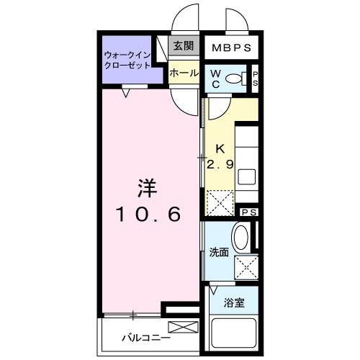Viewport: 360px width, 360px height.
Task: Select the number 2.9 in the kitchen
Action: [x=220, y=165]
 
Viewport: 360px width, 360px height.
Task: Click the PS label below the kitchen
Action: [x=248, y=212]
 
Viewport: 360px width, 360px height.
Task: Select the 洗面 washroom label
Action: [x=218, y=253]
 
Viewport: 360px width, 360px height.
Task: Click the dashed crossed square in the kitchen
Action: [x=220, y=202]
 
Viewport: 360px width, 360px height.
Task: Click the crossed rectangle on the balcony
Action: [x=182, y=328]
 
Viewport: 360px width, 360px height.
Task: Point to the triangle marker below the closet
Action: [x=126, y=91]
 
